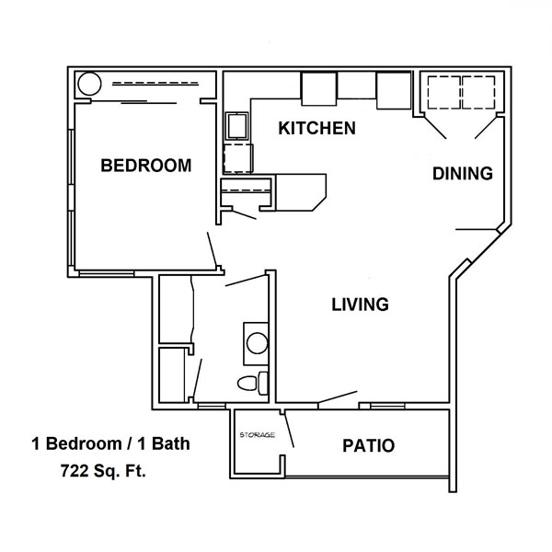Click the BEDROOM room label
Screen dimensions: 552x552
point(146,166)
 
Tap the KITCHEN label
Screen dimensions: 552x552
point(316,128)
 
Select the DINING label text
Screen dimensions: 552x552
point(463,174)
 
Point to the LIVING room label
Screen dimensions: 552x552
point(360,305)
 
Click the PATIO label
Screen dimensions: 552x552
point(369,445)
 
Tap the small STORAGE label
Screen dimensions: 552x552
point(257,435)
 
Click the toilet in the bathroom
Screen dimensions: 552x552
point(253,383)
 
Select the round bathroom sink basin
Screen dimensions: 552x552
point(257,343)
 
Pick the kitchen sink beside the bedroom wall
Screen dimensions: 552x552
point(237,126)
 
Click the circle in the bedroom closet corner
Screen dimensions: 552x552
point(90,84)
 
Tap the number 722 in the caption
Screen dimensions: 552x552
point(75,471)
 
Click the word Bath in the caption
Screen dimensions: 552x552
point(170,443)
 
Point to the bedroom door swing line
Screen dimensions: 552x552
point(212,249)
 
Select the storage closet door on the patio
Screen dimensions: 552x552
point(290,430)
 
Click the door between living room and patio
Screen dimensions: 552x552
point(338,397)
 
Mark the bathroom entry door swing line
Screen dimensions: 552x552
point(246,280)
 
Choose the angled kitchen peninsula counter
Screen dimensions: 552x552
point(301,192)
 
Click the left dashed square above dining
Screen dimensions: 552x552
point(444,93)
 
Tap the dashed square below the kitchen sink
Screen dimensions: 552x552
point(238,158)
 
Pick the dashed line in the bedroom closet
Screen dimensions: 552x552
point(155,84)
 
